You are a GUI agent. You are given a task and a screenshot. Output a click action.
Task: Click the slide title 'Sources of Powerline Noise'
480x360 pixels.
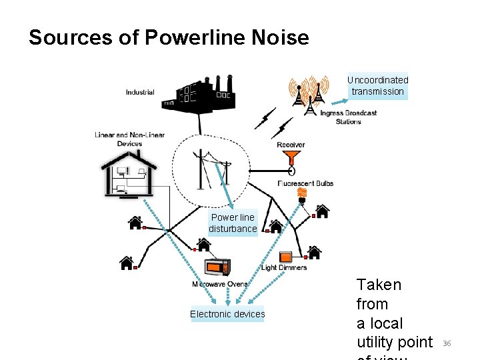pyautogui.click(x=169, y=37)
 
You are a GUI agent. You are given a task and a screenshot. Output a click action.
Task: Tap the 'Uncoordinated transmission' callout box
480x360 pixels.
pyautogui.click(x=377, y=86)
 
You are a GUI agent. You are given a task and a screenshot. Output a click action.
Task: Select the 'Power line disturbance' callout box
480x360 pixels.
pyautogui.click(x=233, y=223)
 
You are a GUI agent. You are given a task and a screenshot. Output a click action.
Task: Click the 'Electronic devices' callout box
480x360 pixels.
pyautogui.click(x=227, y=314)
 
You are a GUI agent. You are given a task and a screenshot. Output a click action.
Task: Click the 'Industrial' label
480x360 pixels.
pyautogui.click(x=140, y=93)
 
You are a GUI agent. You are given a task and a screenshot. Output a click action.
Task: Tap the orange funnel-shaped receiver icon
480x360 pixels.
pyautogui.click(x=291, y=158)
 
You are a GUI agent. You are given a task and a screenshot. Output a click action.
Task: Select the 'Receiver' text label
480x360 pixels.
pyautogui.click(x=291, y=145)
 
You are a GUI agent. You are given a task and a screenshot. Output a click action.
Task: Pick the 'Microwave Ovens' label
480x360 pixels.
pyautogui.click(x=219, y=284)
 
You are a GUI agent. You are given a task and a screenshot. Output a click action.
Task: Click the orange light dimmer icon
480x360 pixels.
pyautogui.click(x=285, y=256)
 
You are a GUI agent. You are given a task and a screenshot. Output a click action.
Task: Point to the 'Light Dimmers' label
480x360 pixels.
pyautogui.click(x=284, y=268)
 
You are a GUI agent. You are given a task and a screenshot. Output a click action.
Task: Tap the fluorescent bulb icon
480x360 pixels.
pyautogui.click(x=302, y=195)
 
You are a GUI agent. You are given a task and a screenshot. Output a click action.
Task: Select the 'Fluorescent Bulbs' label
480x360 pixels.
pyautogui.click(x=305, y=183)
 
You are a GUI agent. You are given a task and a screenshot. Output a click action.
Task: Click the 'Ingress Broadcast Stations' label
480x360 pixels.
pyautogui.click(x=348, y=117)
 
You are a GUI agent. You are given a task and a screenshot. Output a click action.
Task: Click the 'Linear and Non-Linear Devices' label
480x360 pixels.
pyautogui.click(x=129, y=139)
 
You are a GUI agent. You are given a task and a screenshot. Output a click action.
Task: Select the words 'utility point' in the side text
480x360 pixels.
pyautogui.click(x=395, y=342)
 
